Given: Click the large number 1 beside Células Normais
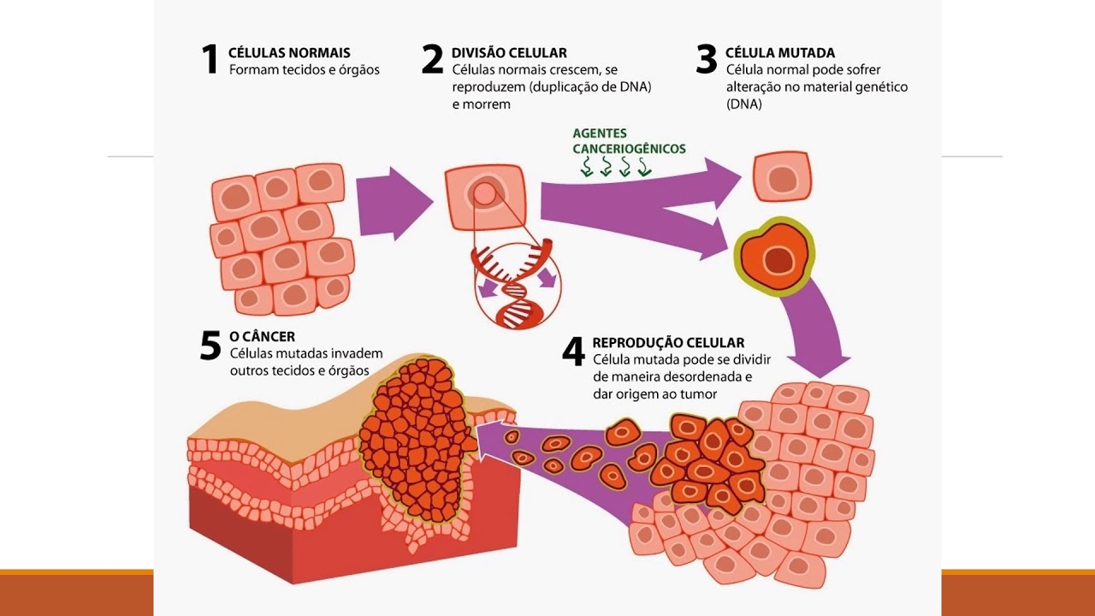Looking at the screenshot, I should tap(210, 60).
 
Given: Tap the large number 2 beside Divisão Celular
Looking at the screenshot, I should tap(433, 60).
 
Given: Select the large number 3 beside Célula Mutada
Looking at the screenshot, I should tap(706, 60).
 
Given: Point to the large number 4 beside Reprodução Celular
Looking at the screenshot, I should tap(573, 351).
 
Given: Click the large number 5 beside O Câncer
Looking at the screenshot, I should tap(210, 345).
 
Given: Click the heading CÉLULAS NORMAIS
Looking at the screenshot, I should tap(289, 53).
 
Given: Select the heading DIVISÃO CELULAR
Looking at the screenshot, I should tap(509, 53).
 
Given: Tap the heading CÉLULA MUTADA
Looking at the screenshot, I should tap(779, 53).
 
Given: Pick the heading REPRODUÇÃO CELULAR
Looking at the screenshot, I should tap(668, 343).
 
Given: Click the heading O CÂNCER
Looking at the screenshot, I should tap(262, 337).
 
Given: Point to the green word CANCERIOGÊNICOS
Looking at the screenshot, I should tap(629, 149).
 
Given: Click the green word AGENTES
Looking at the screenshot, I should tap(600, 133).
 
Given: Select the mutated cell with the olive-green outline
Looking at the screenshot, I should tap(775, 256).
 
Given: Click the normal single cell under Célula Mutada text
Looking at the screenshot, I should tap(782, 177).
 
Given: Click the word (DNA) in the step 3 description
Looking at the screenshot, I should tap(743, 104).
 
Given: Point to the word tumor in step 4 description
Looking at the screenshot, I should tap(699, 394).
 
